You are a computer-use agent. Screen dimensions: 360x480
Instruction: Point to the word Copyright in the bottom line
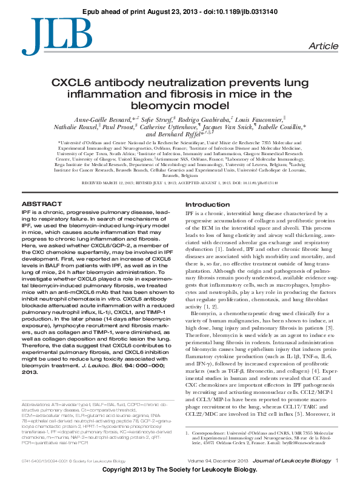(x=118, y=470)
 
